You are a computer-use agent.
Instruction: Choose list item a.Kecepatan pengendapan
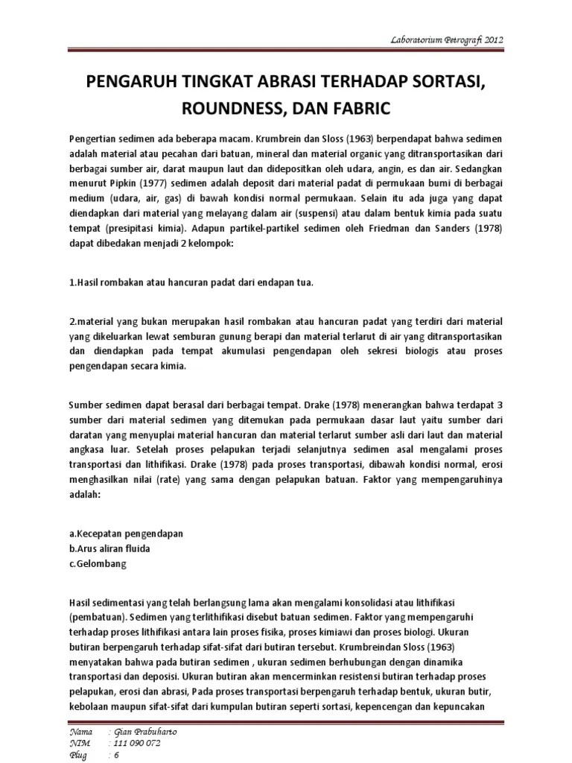point(126,535)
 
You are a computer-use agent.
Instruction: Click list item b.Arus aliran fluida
point(109,549)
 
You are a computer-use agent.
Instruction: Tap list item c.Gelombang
point(97,564)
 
